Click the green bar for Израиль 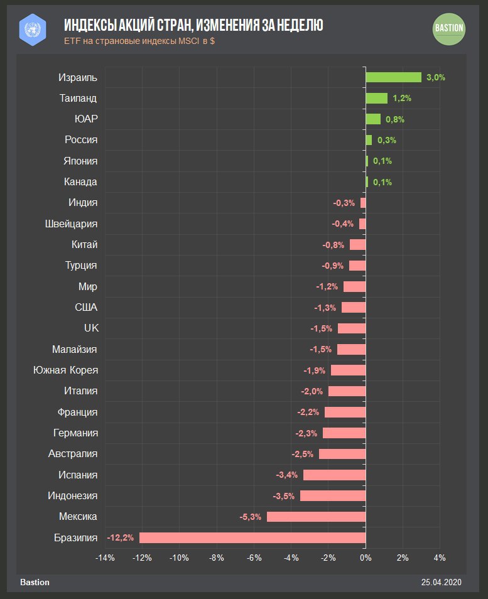point(393,77)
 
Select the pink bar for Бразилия point(252,537)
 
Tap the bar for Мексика point(316,517)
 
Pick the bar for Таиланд point(376,98)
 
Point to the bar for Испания point(334,475)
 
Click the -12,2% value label point(121,537)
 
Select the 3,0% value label point(435,77)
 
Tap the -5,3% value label point(251,517)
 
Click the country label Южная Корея point(65,370)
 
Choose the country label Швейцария point(72,224)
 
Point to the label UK point(91,328)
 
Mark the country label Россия point(81,140)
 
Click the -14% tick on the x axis point(105,558)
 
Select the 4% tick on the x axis point(440,558)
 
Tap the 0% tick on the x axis point(366,558)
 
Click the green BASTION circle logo point(449,28)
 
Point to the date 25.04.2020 point(442,582)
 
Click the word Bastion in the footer point(35,582)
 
